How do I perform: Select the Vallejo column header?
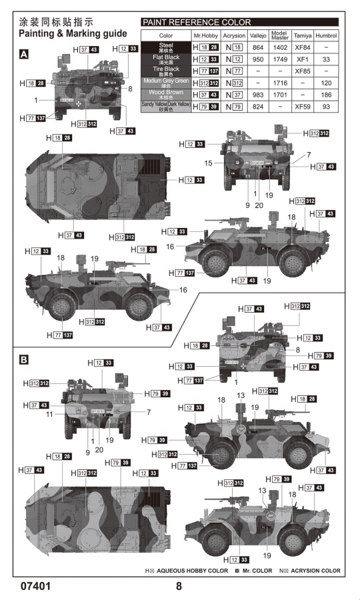coord(258,35)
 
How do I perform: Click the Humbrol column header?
coord(327,35)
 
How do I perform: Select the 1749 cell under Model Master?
coord(280,59)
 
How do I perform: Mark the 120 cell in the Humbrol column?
coord(327,83)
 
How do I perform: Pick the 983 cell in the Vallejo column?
coord(258,95)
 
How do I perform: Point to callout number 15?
coord(209,163)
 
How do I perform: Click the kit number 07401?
coord(33,587)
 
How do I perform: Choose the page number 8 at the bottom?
coord(179,587)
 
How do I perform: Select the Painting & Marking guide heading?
coord(73,33)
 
